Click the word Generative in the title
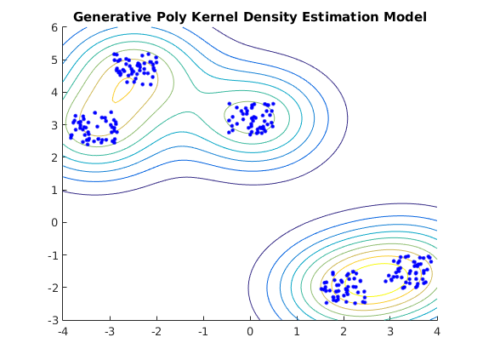coord(112,17)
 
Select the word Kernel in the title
coord(214,17)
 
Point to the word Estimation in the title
coord(340,17)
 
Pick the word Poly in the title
coord(172,18)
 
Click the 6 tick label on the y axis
coord(54,28)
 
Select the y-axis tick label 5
coord(54,60)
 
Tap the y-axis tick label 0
coord(54,222)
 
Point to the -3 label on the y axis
coord(53,320)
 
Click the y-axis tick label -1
coord(53,255)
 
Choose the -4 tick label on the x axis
coord(63,332)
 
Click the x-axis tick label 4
coord(437,332)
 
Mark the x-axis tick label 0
coord(250,332)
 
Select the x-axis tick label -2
coord(156,332)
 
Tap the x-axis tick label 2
coord(344,332)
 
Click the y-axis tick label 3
coord(54,125)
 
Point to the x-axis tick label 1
coord(297,332)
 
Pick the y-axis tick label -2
coord(53,288)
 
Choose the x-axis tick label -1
coord(203,332)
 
